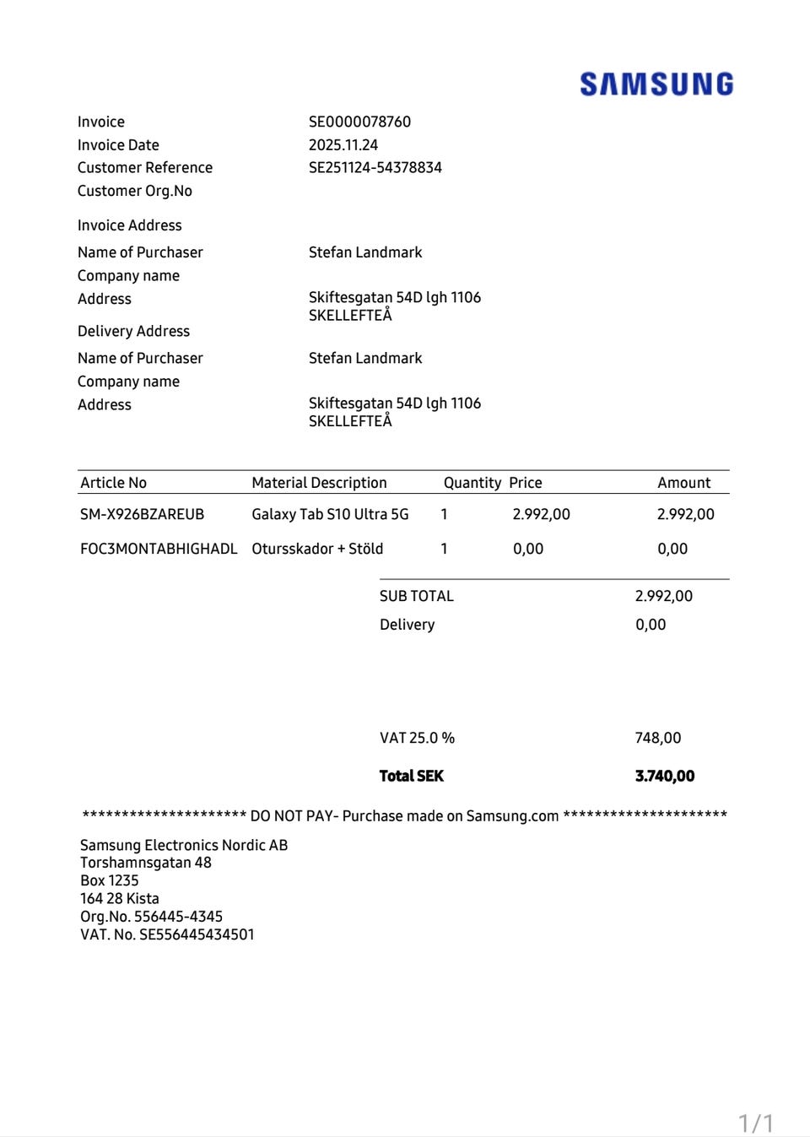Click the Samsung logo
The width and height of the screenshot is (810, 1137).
(x=656, y=84)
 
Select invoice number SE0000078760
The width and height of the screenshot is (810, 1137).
(x=359, y=122)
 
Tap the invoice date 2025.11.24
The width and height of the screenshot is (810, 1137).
(x=343, y=145)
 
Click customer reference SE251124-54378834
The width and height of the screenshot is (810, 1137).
(x=375, y=167)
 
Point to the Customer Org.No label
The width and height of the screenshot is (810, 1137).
(x=135, y=191)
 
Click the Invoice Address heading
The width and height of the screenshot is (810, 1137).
(x=129, y=225)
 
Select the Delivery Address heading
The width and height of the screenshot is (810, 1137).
(x=133, y=331)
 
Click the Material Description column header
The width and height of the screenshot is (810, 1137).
(x=319, y=483)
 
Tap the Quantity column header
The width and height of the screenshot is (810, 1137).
(x=472, y=483)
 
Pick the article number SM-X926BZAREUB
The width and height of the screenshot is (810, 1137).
(x=142, y=514)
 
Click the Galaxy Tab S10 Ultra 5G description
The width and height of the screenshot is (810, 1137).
(x=330, y=514)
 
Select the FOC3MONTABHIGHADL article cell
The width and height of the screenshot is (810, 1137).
(x=159, y=549)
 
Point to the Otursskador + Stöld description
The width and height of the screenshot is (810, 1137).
(x=317, y=549)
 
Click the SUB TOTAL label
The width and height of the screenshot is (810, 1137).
(x=416, y=596)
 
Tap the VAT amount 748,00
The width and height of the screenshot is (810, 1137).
(x=657, y=738)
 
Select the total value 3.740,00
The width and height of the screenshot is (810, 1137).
(x=664, y=776)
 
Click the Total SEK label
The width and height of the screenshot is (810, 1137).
(x=411, y=776)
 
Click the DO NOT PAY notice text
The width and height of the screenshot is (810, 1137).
(x=404, y=815)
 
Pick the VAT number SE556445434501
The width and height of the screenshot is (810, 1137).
(x=196, y=934)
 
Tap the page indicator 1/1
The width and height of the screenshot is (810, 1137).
(x=755, y=1123)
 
